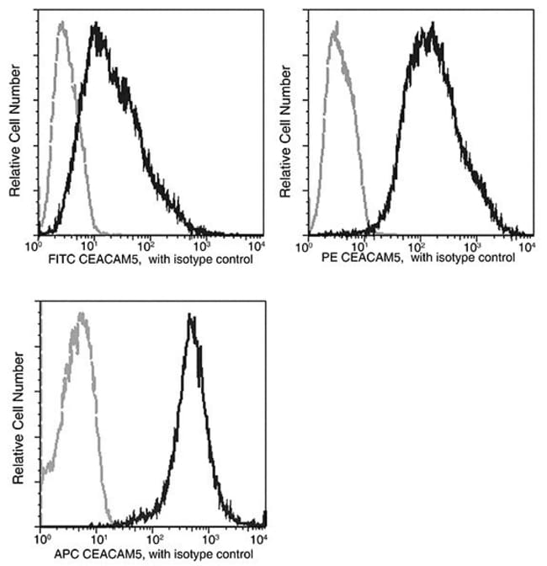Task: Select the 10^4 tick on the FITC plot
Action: pyautogui.click(x=258, y=246)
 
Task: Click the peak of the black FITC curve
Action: pyautogui.click(x=97, y=28)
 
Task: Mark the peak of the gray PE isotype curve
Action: pyautogui.click(x=335, y=26)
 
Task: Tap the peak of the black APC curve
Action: pyautogui.click(x=192, y=318)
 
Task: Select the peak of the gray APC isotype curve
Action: pyautogui.click(x=81, y=316)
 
